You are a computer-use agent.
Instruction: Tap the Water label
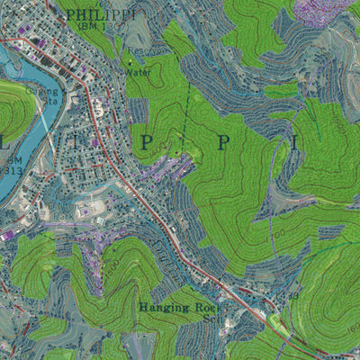(138, 71)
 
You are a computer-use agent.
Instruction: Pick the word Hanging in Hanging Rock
(163, 308)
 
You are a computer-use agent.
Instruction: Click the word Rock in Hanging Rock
(206, 308)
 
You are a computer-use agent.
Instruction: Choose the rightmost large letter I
(292, 141)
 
